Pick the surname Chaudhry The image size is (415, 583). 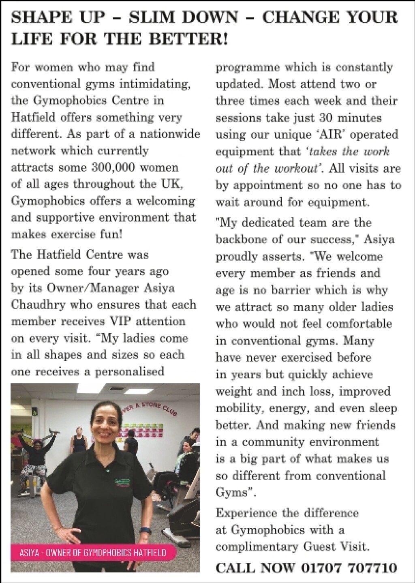(38, 304)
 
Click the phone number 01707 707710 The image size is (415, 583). (348, 568)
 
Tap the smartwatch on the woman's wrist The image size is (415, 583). (145, 530)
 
